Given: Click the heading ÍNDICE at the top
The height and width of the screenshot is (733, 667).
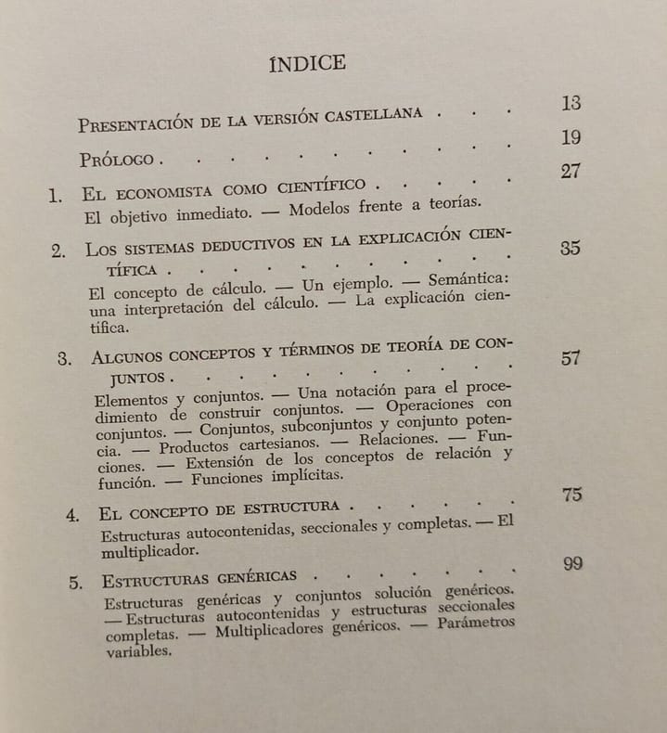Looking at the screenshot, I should pos(307,63).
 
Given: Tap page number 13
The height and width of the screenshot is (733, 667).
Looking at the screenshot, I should pos(571,103).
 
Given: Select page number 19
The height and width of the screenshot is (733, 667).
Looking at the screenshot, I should pos(571,138).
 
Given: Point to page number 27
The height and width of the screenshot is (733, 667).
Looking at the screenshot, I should pos(571,173).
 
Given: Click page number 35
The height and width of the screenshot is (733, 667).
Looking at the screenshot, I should pos(571,249).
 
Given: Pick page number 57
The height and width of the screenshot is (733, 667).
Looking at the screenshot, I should pos(571,359).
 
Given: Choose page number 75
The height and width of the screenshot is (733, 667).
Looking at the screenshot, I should pos(571,495).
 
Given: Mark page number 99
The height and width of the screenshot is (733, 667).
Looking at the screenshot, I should pos(571,564).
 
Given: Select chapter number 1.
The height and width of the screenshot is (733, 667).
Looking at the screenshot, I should pos(56,196).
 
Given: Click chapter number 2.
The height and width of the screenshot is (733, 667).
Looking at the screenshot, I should pos(58,251).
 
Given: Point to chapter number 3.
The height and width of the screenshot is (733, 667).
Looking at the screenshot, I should pos(64,360).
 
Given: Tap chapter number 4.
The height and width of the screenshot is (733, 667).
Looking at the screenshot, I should pos(72,515).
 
